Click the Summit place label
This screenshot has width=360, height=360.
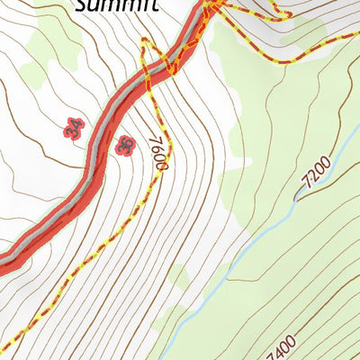click(116, 5)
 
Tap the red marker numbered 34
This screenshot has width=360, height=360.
click(74, 129)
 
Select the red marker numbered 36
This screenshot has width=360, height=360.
click(125, 145)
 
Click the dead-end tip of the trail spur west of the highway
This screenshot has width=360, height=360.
click(142, 40)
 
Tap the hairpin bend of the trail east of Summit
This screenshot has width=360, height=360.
click(286, 15)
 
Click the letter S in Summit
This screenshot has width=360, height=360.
click(82, 5)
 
